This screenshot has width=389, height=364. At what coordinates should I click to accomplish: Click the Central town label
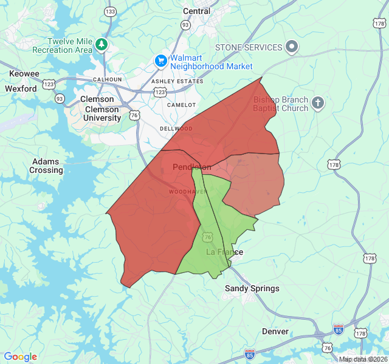[196, 11]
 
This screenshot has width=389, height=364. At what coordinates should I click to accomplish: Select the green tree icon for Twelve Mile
[102, 45]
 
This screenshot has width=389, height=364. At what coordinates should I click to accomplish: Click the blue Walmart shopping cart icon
[161, 61]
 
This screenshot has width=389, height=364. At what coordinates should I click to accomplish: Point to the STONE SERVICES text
[249, 47]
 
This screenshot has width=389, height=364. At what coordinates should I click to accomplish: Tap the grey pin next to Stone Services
[292, 47]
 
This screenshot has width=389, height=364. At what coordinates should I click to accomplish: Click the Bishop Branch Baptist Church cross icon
[317, 103]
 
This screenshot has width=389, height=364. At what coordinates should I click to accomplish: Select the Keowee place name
[24, 74]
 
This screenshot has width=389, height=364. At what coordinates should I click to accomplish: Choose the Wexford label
[21, 89]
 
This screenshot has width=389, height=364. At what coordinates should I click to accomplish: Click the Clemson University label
[103, 113]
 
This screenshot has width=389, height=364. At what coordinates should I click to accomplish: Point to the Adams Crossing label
[46, 166]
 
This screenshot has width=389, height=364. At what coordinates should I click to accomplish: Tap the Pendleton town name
[192, 167]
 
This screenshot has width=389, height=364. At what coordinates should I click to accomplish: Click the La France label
[224, 252]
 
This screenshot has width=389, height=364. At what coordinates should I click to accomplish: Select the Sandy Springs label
[252, 288]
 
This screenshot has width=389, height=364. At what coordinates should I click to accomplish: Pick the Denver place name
[275, 331]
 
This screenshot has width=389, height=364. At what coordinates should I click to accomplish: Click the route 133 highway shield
[110, 12]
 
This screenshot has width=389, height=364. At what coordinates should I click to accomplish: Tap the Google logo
[20, 357]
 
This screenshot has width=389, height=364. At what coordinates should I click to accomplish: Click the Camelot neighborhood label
[181, 105]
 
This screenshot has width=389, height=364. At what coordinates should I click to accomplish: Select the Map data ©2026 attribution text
[363, 359]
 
